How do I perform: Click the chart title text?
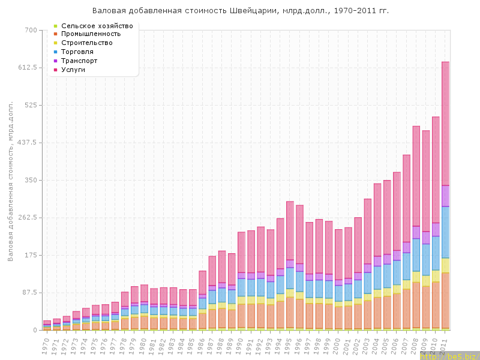tap(240, 11)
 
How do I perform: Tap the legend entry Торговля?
tap(79, 52)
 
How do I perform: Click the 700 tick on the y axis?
tap(31, 30)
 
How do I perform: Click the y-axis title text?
tap(11, 181)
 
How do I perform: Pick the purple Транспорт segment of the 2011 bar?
tap(445, 196)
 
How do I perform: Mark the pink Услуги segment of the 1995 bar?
tap(290, 230)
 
